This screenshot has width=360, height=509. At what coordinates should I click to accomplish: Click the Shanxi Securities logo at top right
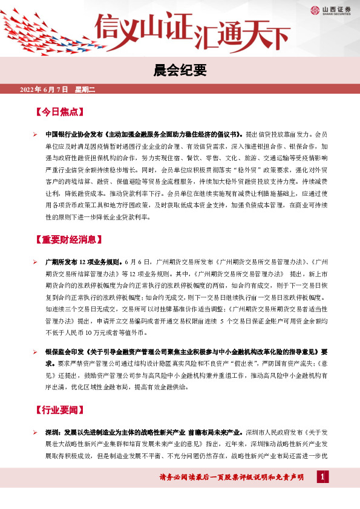[x=333, y=9]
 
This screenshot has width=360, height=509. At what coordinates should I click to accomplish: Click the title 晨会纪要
[x=179, y=71]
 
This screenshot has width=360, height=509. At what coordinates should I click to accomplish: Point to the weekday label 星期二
[x=85, y=89]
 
